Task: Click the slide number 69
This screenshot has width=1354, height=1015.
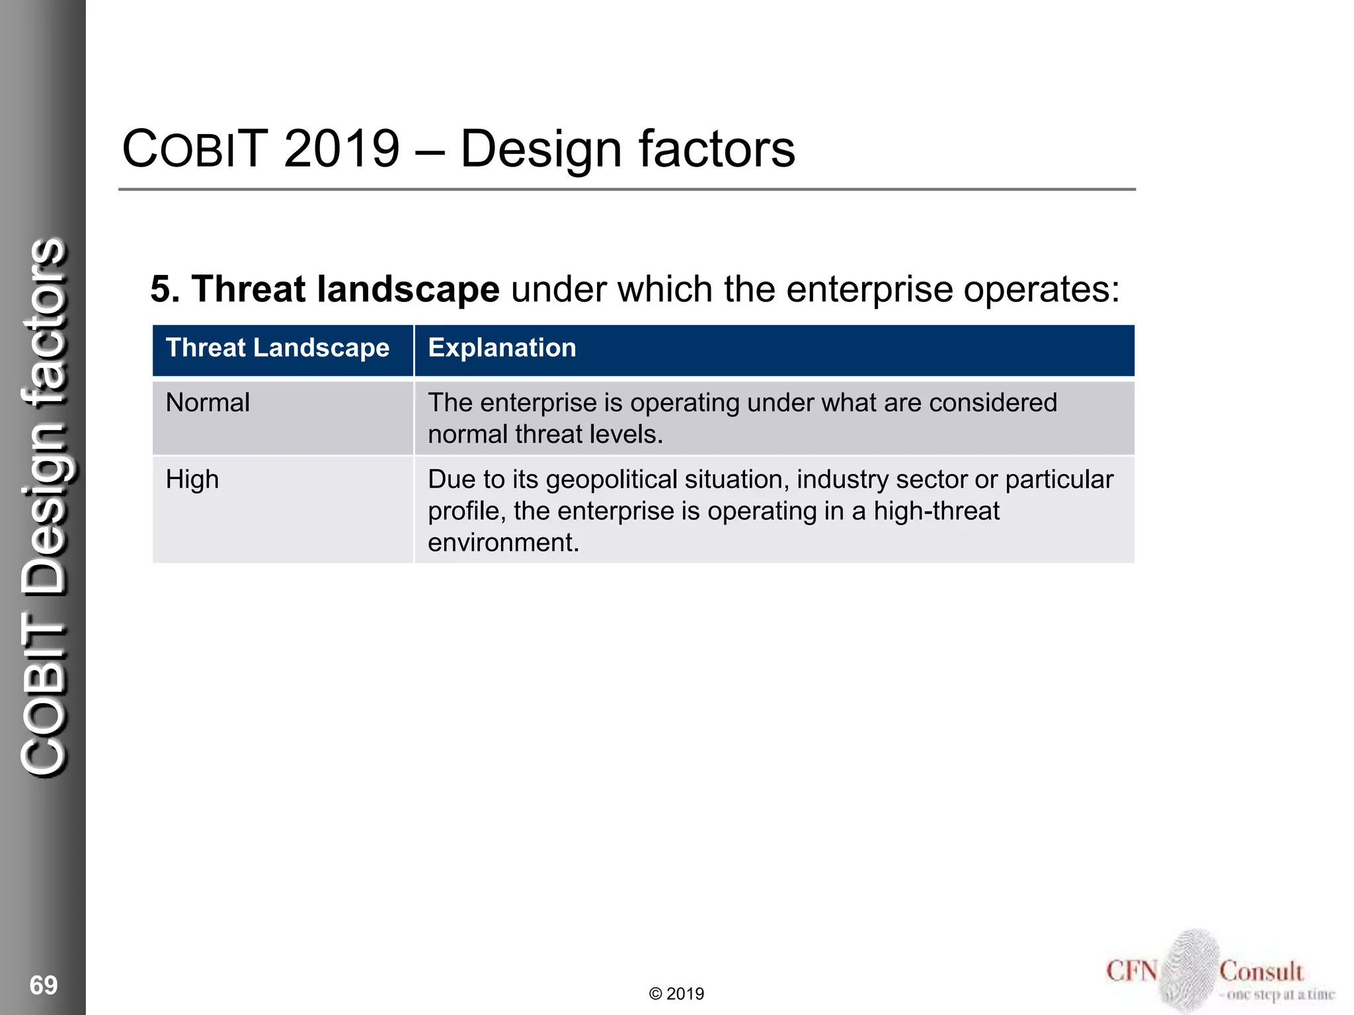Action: (44, 985)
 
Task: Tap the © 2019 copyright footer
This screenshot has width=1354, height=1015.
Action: (676, 994)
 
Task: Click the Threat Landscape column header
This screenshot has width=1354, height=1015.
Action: (278, 348)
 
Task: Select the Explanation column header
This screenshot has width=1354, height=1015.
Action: (502, 348)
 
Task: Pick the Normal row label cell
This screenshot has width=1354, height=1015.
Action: (208, 403)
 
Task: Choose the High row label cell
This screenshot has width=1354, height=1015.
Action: (192, 480)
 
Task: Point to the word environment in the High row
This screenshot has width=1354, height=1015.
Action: (502, 543)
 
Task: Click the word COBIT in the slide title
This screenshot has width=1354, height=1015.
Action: (195, 149)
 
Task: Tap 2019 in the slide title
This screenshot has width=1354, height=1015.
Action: (342, 149)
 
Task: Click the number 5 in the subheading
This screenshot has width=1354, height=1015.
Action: (161, 289)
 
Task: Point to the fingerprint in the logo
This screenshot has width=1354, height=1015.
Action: (1188, 969)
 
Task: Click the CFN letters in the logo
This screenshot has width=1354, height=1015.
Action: (1132, 971)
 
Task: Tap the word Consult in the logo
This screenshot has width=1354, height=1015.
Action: (1261, 971)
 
